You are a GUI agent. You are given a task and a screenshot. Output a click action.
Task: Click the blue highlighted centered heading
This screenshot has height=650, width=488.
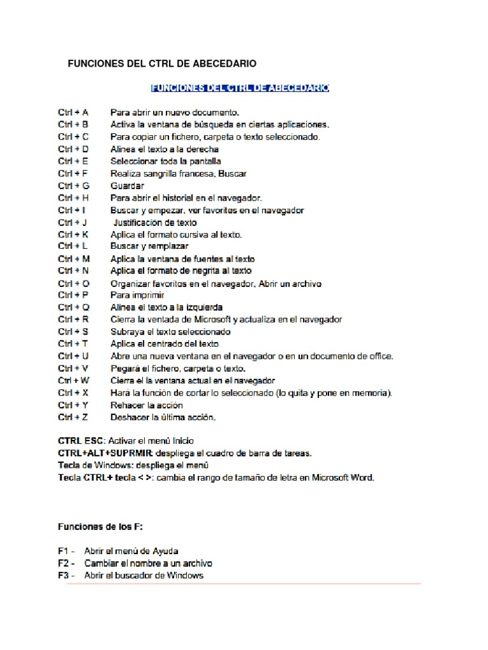click(x=239, y=88)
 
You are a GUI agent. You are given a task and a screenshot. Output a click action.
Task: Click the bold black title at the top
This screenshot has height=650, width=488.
click(x=162, y=64)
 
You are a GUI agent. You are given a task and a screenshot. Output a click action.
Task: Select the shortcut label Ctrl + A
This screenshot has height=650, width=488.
click(x=73, y=112)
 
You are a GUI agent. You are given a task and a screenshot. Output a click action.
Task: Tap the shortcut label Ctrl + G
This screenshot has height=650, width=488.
click(x=74, y=186)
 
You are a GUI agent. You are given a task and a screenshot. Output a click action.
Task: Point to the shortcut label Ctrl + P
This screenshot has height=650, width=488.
click(x=73, y=295)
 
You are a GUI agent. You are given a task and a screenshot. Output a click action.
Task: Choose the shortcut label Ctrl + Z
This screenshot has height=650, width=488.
click(x=73, y=417)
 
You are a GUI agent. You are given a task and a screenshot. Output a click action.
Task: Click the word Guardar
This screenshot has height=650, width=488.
click(x=127, y=186)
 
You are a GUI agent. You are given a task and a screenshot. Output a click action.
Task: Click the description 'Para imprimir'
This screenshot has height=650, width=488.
click(x=137, y=295)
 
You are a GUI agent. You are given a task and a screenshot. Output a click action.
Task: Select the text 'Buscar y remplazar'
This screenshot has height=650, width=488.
click(x=149, y=246)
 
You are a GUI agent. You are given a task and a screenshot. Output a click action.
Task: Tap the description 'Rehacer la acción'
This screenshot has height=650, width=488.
click(x=147, y=405)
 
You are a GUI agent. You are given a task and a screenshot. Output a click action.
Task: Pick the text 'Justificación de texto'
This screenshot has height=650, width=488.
click(x=154, y=222)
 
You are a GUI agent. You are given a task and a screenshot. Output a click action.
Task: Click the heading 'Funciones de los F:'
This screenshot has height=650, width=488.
click(x=100, y=527)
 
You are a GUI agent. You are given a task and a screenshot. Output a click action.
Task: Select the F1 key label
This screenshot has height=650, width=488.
click(x=63, y=551)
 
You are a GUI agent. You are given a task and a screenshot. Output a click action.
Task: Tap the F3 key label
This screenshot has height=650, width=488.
click(x=63, y=575)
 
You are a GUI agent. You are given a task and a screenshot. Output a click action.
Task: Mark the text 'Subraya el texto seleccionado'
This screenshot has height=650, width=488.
click(x=170, y=332)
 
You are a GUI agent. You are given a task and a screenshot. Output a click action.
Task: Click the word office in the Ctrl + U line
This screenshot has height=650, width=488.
click(x=381, y=356)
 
